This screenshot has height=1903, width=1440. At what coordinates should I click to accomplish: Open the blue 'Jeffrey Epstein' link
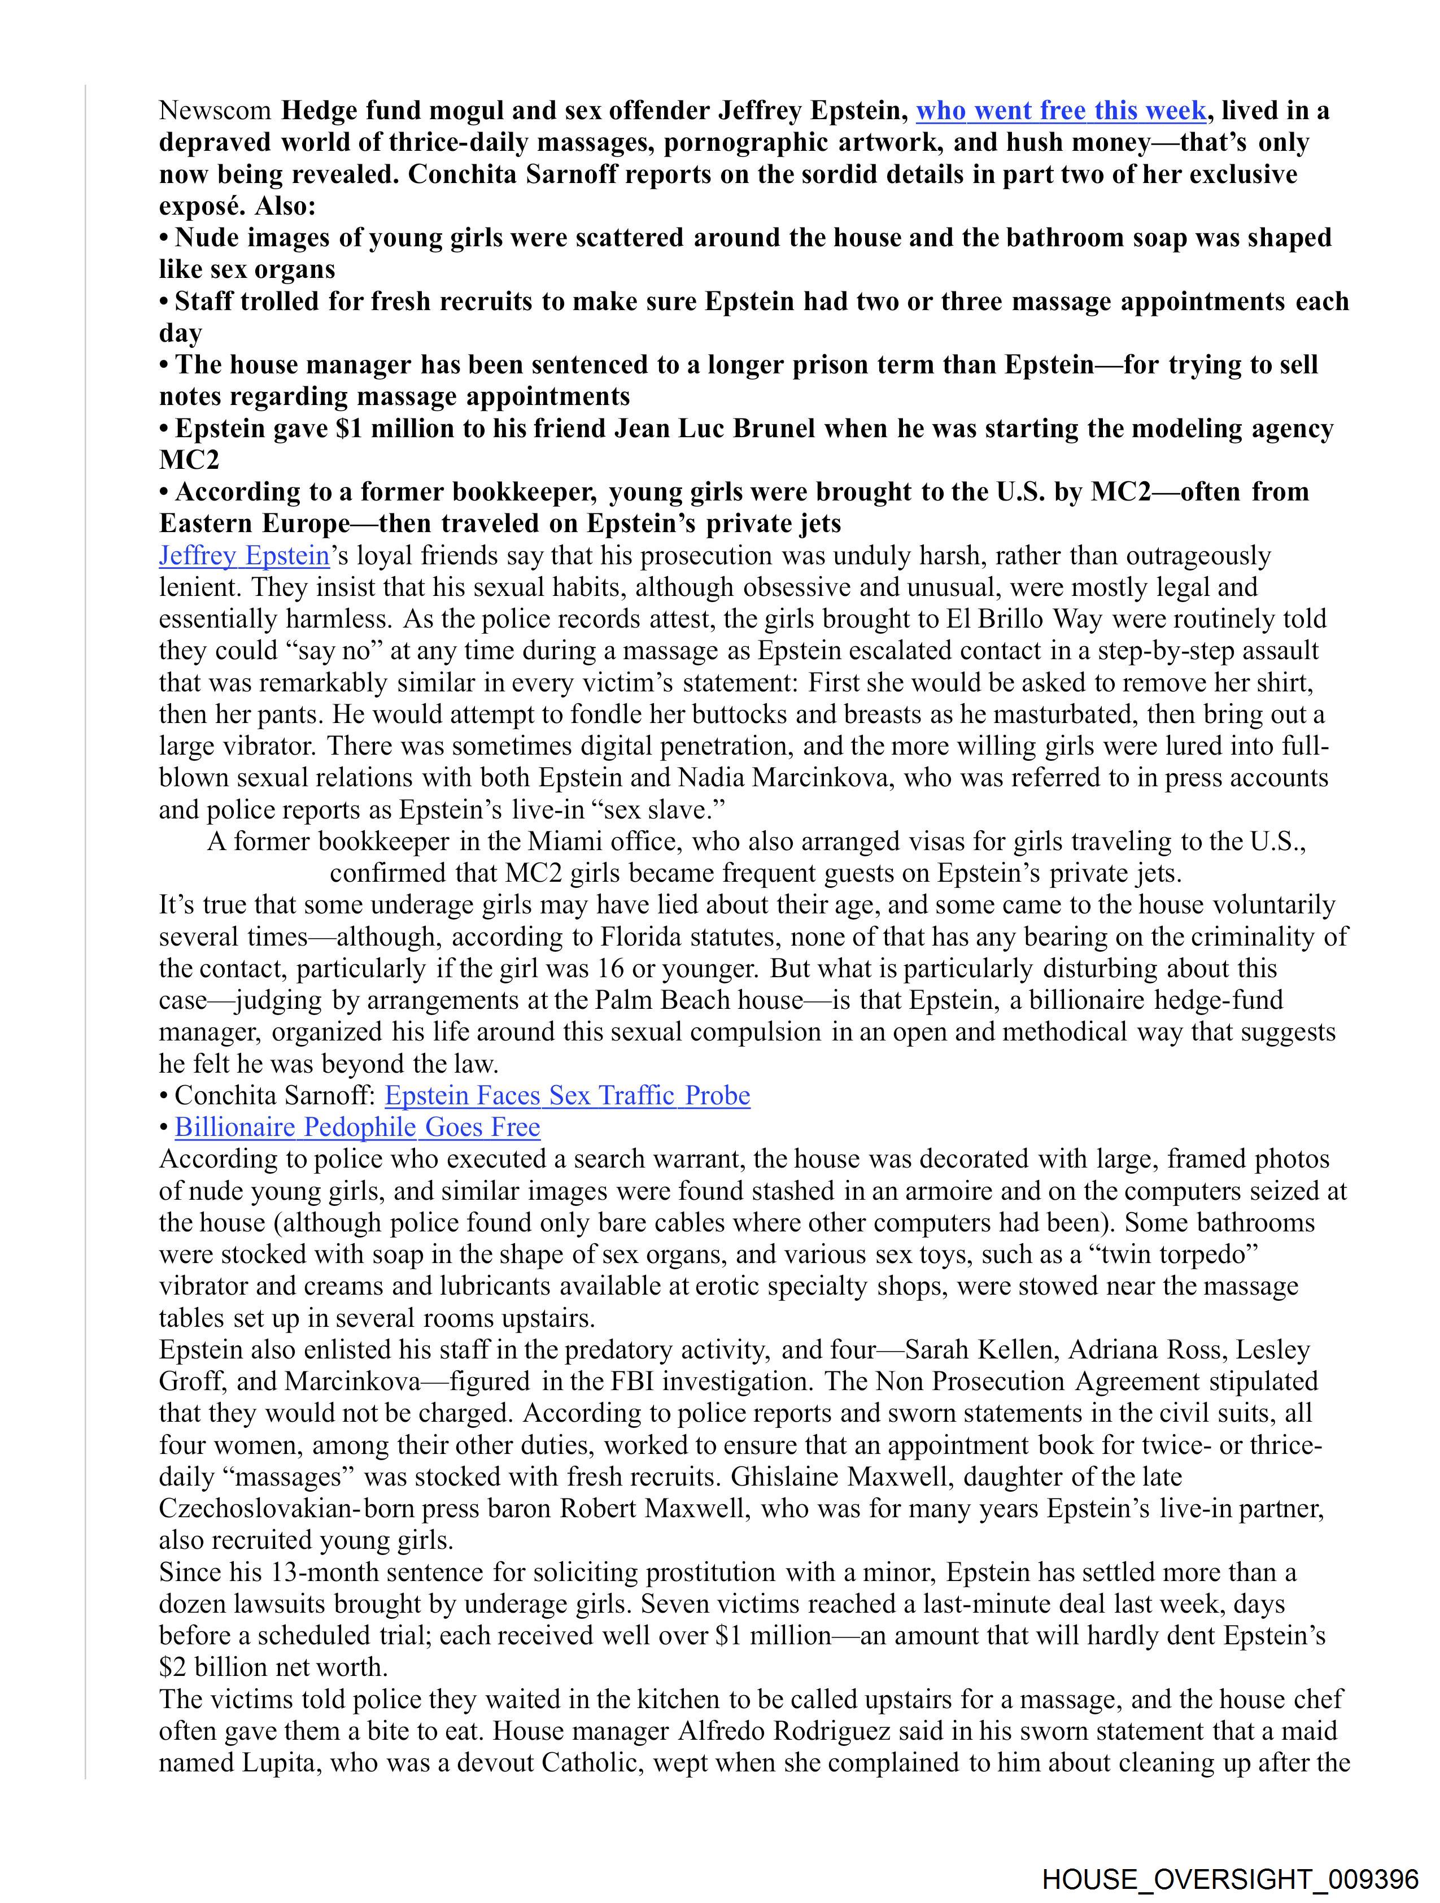click(x=245, y=556)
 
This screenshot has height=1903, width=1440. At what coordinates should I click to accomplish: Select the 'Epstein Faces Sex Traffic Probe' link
click(x=567, y=1095)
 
